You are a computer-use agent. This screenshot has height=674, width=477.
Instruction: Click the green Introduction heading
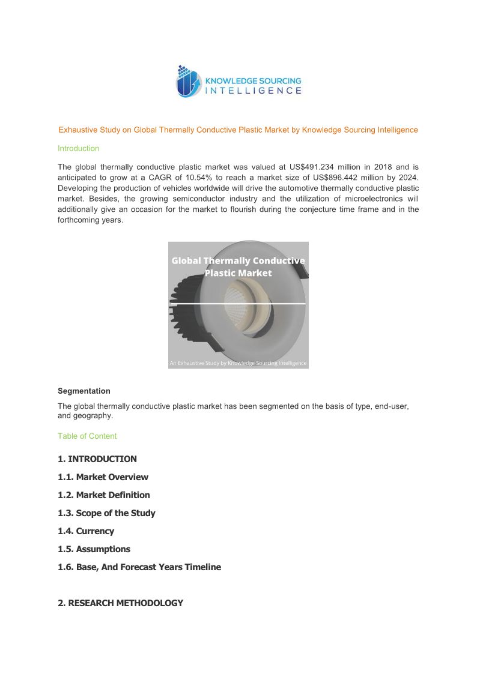pos(78,148)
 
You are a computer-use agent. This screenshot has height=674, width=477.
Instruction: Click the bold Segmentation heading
pos(84,391)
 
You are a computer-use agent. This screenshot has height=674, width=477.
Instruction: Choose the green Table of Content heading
pos(87,436)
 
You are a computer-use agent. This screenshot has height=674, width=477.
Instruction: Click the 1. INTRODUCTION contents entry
pos(97,459)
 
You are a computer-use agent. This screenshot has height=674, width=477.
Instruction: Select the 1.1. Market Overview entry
pos(103,477)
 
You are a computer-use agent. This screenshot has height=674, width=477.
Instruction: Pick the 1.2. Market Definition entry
pos(104,495)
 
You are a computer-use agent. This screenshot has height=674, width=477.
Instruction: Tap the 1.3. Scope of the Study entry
pos(106,513)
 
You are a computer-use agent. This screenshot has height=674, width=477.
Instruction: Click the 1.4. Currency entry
pos(86,531)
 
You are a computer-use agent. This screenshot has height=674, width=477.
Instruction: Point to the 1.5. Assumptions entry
pos(94,549)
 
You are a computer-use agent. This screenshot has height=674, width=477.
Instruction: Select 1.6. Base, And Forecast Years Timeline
pos(139,567)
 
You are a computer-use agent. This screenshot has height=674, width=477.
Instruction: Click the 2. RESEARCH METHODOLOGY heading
pos(120,603)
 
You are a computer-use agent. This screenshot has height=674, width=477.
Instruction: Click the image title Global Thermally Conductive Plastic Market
pos(238,267)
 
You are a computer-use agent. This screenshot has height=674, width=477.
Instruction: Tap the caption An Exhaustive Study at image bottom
pos(238,363)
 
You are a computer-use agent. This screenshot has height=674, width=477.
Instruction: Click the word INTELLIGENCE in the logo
pos(254,91)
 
